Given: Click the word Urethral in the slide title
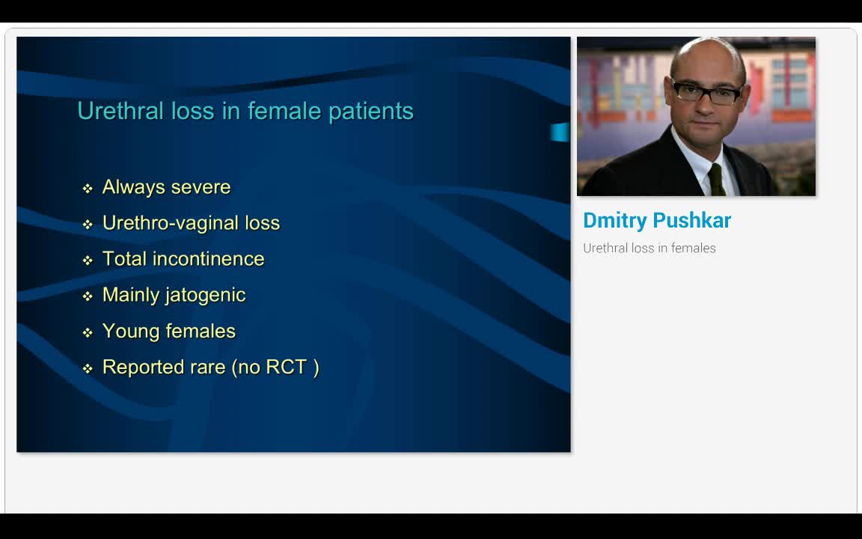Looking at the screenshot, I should coord(112,111).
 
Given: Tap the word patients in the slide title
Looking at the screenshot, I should coord(371,112).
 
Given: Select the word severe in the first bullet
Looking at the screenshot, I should coord(200,187).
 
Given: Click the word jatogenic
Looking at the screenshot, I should coord(206,296).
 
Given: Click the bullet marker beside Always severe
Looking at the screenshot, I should coord(88,188).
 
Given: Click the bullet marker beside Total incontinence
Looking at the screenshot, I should coord(88,260).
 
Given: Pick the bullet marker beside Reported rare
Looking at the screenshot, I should coord(88,368).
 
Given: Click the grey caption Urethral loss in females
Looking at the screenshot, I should coord(649,249).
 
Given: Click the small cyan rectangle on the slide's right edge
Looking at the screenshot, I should coord(560,133).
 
